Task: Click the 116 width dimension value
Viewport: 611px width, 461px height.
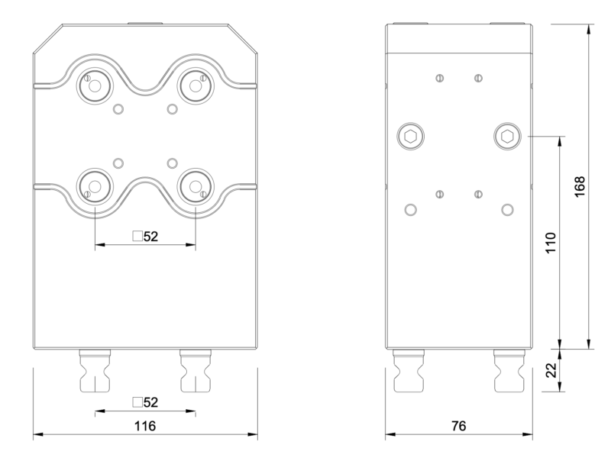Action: pyautogui.click(x=145, y=426)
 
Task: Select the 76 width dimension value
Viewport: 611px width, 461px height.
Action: pyautogui.click(x=457, y=426)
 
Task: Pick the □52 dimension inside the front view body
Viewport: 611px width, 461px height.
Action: pyautogui.click(x=144, y=236)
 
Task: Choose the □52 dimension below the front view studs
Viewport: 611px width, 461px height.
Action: pyautogui.click(x=144, y=402)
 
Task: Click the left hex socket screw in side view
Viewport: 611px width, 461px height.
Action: pyautogui.click(x=410, y=137)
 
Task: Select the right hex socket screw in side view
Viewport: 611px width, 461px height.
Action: pyautogui.click(x=506, y=137)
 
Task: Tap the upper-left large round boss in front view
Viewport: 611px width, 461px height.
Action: pyautogui.click(x=95, y=85)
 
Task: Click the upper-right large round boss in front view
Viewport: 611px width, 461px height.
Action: pyautogui.click(x=195, y=85)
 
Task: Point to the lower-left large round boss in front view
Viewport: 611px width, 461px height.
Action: pyautogui.click(x=95, y=185)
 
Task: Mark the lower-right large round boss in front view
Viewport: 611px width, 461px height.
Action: pyautogui.click(x=195, y=185)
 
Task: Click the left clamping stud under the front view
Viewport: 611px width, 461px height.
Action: pyautogui.click(x=95, y=371)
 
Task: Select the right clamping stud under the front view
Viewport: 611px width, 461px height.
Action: pyautogui.click(x=195, y=371)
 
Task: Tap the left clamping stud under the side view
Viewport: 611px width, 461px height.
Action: pyautogui.click(x=409, y=371)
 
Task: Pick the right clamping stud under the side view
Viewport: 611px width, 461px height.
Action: pyautogui.click(x=507, y=371)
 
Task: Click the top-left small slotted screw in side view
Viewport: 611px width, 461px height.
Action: pyautogui.click(x=440, y=79)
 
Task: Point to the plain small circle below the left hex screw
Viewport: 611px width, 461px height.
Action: pyautogui.click(x=410, y=209)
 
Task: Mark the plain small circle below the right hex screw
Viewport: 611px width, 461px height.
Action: pyautogui.click(x=506, y=209)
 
